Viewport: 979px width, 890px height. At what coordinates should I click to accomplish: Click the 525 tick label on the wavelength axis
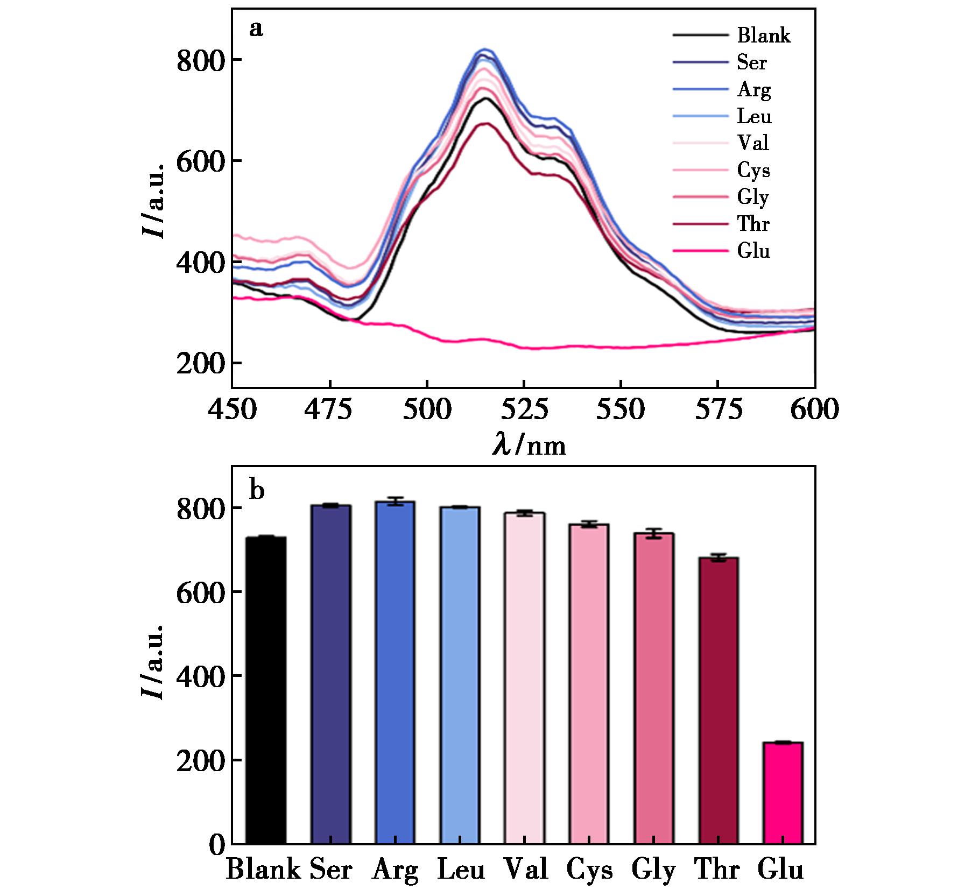(524, 410)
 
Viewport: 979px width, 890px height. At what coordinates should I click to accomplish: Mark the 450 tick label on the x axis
(232, 410)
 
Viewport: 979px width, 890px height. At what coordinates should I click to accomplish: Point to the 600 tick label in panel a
(814, 410)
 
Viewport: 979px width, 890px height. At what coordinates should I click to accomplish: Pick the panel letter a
(256, 29)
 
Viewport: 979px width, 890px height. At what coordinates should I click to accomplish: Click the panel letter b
(257, 490)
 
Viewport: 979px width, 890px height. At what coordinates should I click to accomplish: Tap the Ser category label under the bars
(330, 870)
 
